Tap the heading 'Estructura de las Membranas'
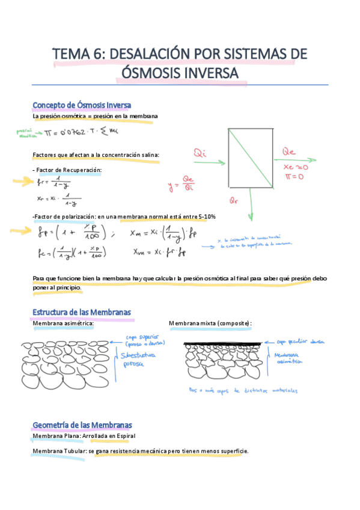pyautogui.click(x=82, y=313)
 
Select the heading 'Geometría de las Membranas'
pyautogui.click(x=82, y=425)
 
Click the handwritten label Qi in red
pyautogui.click(x=201, y=155)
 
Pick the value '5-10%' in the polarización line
pyautogui.click(x=206, y=217)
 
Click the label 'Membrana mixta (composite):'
pyautogui.click(x=210, y=324)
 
